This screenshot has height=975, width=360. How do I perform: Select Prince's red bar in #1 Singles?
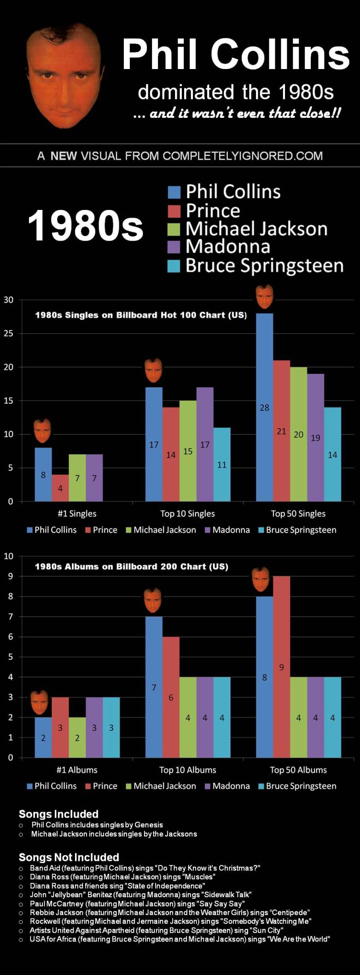click(60, 488)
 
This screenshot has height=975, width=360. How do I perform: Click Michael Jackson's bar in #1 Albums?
click(77, 737)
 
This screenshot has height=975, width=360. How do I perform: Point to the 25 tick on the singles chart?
click(9, 334)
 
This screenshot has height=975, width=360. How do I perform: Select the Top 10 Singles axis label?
click(187, 514)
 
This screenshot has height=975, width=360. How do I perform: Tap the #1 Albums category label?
click(77, 770)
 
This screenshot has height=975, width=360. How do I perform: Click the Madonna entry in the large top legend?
click(227, 247)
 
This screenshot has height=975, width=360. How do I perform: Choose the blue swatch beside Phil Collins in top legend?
click(174, 192)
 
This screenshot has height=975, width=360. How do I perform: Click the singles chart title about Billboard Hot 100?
click(141, 315)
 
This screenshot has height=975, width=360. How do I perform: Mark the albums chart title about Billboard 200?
click(132, 567)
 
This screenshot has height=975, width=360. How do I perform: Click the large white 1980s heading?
click(86, 226)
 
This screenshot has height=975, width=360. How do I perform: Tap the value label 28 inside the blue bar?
click(264, 407)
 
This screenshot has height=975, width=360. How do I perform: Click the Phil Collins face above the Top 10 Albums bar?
click(153, 600)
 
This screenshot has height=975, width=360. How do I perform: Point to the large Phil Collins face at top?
click(64, 74)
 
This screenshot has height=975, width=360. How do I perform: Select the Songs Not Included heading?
click(69, 857)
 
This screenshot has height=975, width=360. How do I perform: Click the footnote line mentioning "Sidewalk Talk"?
click(140, 894)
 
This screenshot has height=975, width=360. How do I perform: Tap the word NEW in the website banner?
click(64, 156)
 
